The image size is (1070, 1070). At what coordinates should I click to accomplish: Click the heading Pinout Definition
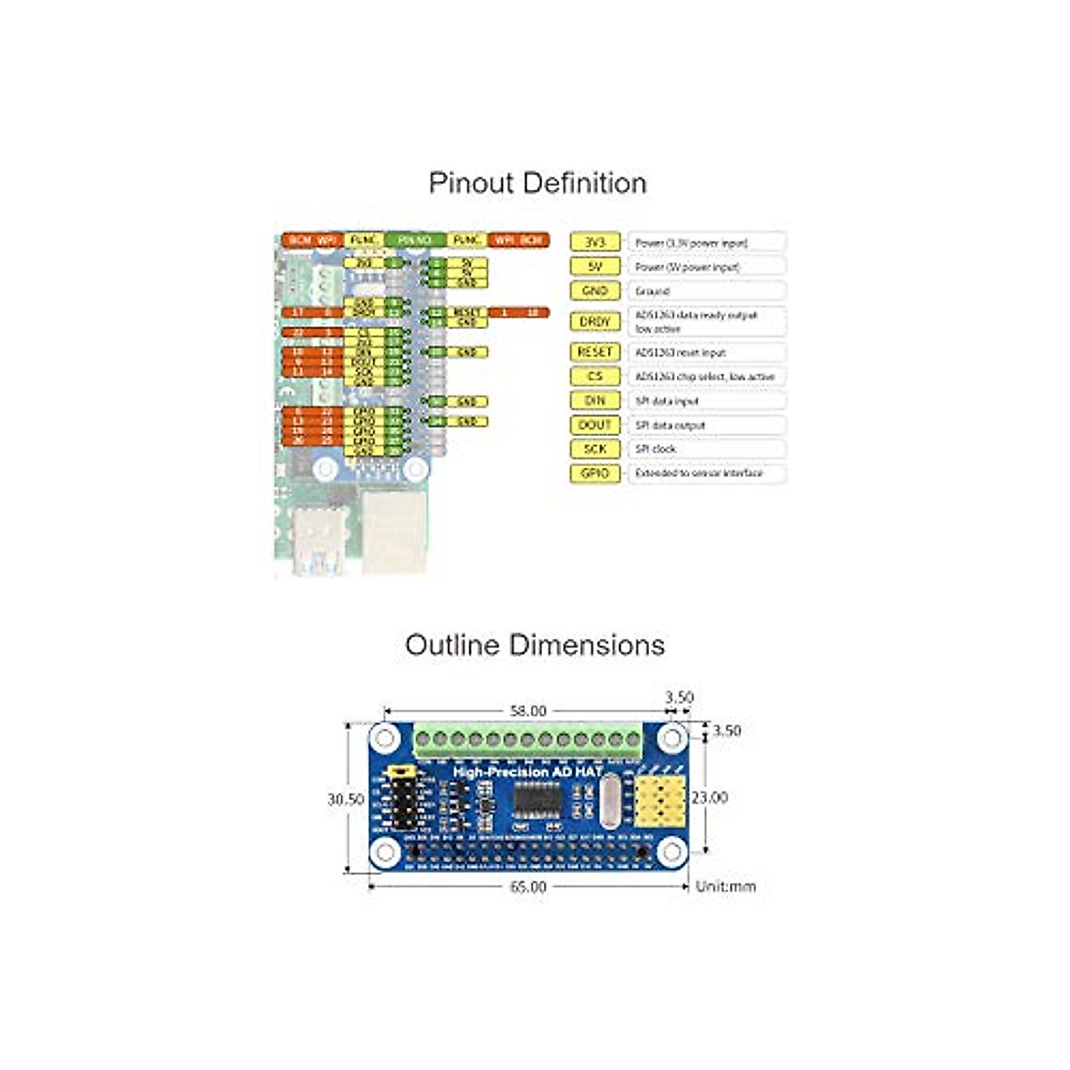pyautogui.click(x=537, y=183)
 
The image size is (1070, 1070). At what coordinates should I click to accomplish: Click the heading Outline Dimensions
pyautogui.click(x=535, y=645)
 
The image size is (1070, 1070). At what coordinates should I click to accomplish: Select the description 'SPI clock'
pyautogui.click(x=655, y=449)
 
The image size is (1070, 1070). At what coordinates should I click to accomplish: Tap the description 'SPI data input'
pyautogui.click(x=667, y=401)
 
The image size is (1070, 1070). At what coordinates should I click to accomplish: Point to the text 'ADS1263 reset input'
pyautogui.click(x=680, y=352)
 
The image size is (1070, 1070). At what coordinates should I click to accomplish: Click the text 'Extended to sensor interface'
pyautogui.click(x=698, y=473)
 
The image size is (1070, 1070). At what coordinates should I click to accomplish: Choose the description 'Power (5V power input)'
pyautogui.click(x=687, y=267)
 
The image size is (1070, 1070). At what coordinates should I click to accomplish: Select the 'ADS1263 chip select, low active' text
pyautogui.click(x=704, y=376)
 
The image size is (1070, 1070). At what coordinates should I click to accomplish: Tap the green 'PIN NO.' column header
pyautogui.click(x=415, y=241)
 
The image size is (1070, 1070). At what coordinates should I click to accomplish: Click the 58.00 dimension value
pyautogui.click(x=528, y=711)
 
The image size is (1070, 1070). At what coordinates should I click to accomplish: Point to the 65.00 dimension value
pyautogui.click(x=528, y=887)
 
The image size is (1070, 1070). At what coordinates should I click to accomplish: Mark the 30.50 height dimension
pyautogui.click(x=345, y=800)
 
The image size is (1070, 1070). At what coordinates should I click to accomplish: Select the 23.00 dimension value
pyautogui.click(x=710, y=797)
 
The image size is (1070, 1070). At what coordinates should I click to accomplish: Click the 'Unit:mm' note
pyautogui.click(x=725, y=886)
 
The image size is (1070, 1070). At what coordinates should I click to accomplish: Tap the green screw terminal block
pyautogui.click(x=528, y=739)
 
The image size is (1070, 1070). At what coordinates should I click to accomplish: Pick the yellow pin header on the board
pyautogui.click(x=657, y=799)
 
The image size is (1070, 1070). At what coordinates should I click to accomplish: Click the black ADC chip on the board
pyautogui.click(x=537, y=799)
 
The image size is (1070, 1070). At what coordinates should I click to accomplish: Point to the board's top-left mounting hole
pyautogui.click(x=385, y=738)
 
